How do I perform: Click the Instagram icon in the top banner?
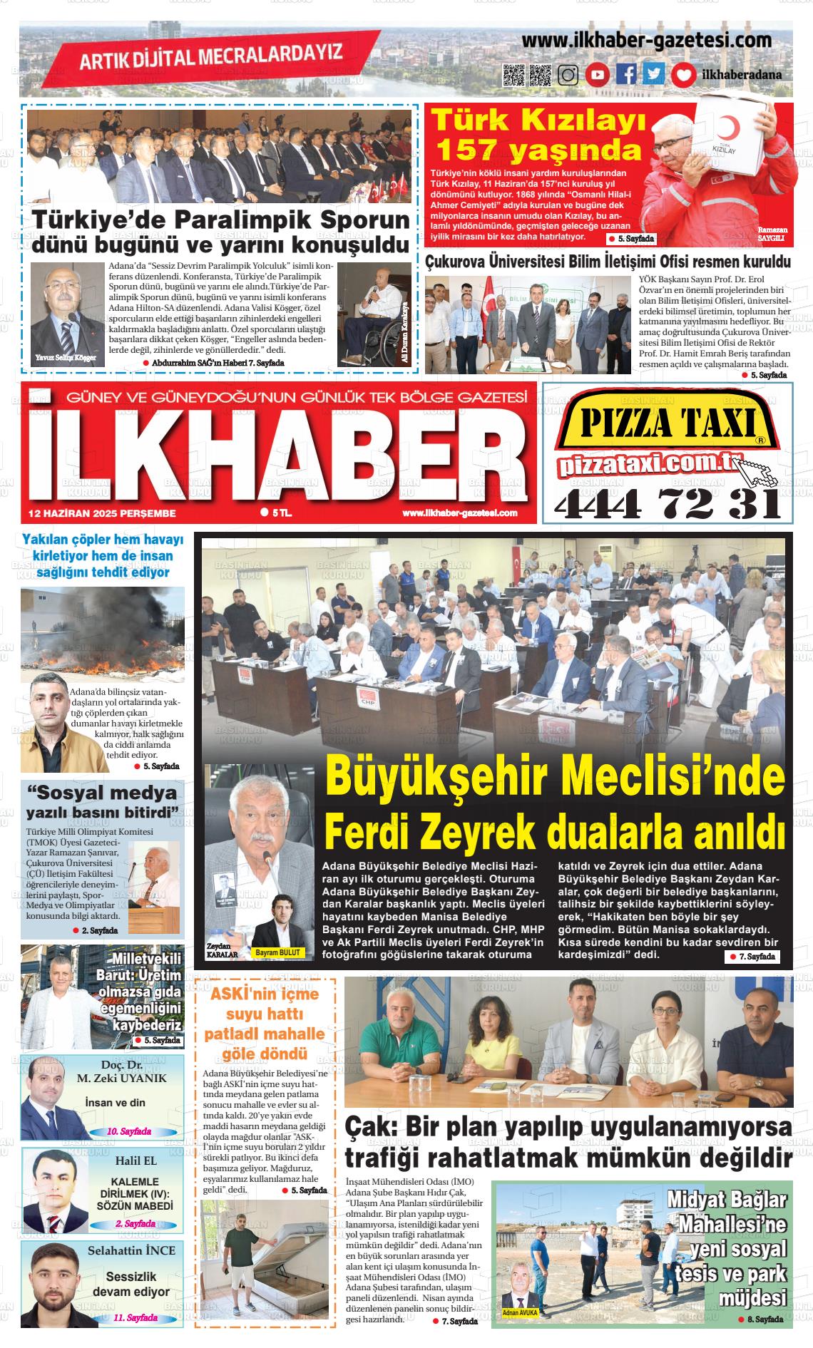(568, 75)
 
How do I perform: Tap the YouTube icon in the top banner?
(598, 75)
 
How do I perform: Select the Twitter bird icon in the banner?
(654, 75)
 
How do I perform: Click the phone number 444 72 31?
(668, 505)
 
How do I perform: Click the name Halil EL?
(135, 1161)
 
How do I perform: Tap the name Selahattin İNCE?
(131, 1250)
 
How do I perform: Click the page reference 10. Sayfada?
(128, 1131)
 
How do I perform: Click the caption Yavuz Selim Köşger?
(65, 358)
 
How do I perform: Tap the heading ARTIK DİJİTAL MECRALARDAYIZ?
(211, 56)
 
